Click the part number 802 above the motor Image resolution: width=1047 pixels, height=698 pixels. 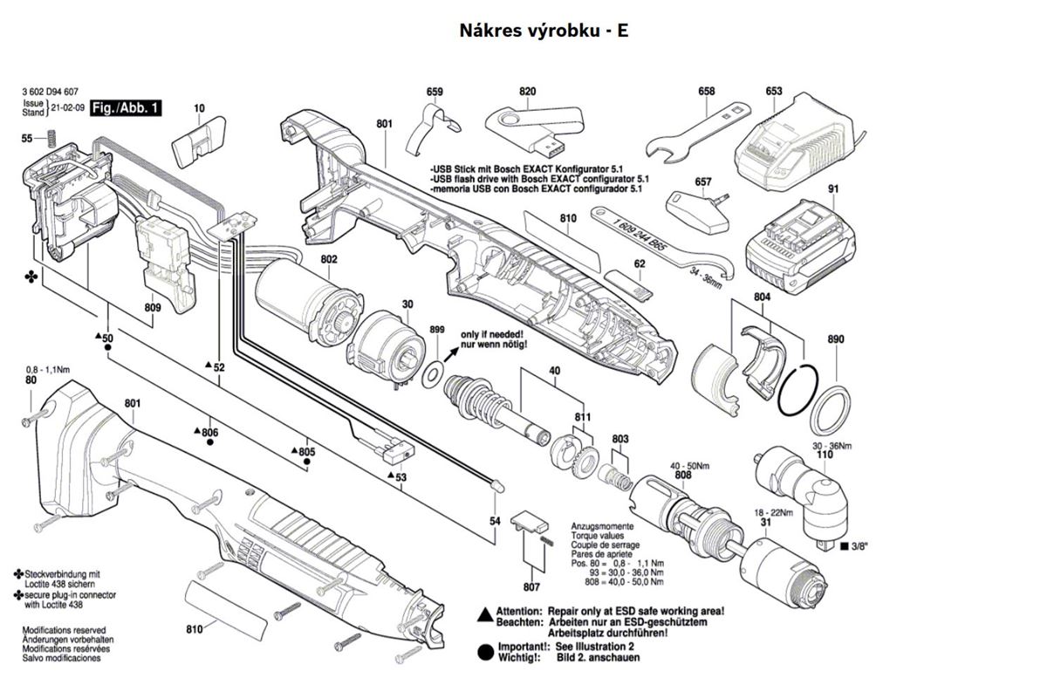pos(329,259)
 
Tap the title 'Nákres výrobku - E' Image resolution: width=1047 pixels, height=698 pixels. pos(544,31)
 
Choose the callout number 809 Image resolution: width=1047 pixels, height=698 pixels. pos(153,307)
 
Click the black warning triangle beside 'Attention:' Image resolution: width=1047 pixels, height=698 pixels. pos(482,613)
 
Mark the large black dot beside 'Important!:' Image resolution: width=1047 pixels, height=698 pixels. pos(483,651)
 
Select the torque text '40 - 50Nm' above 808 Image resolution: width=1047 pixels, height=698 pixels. pos(688,465)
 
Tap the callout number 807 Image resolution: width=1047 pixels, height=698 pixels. pos(531,586)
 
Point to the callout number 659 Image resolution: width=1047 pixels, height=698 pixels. pos(435,92)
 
